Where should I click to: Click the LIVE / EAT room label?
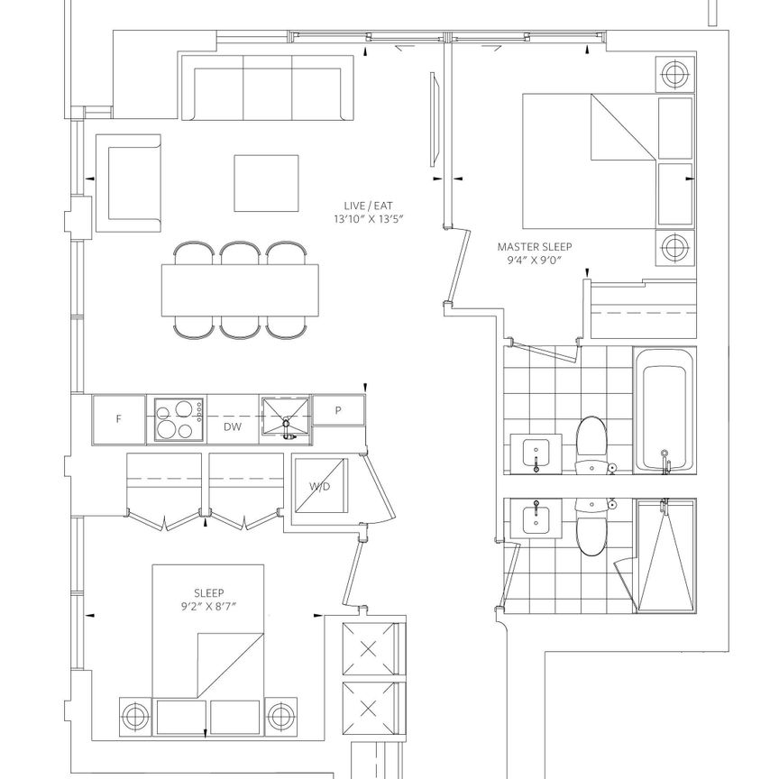[x=357, y=206]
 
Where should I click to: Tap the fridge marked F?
[x=118, y=419]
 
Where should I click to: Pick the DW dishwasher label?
[x=232, y=428]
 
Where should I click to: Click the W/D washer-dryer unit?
[x=319, y=486]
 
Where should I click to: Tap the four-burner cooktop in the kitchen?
[x=177, y=419]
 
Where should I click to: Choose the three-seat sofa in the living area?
[x=268, y=87]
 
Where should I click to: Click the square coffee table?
[x=267, y=183]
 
